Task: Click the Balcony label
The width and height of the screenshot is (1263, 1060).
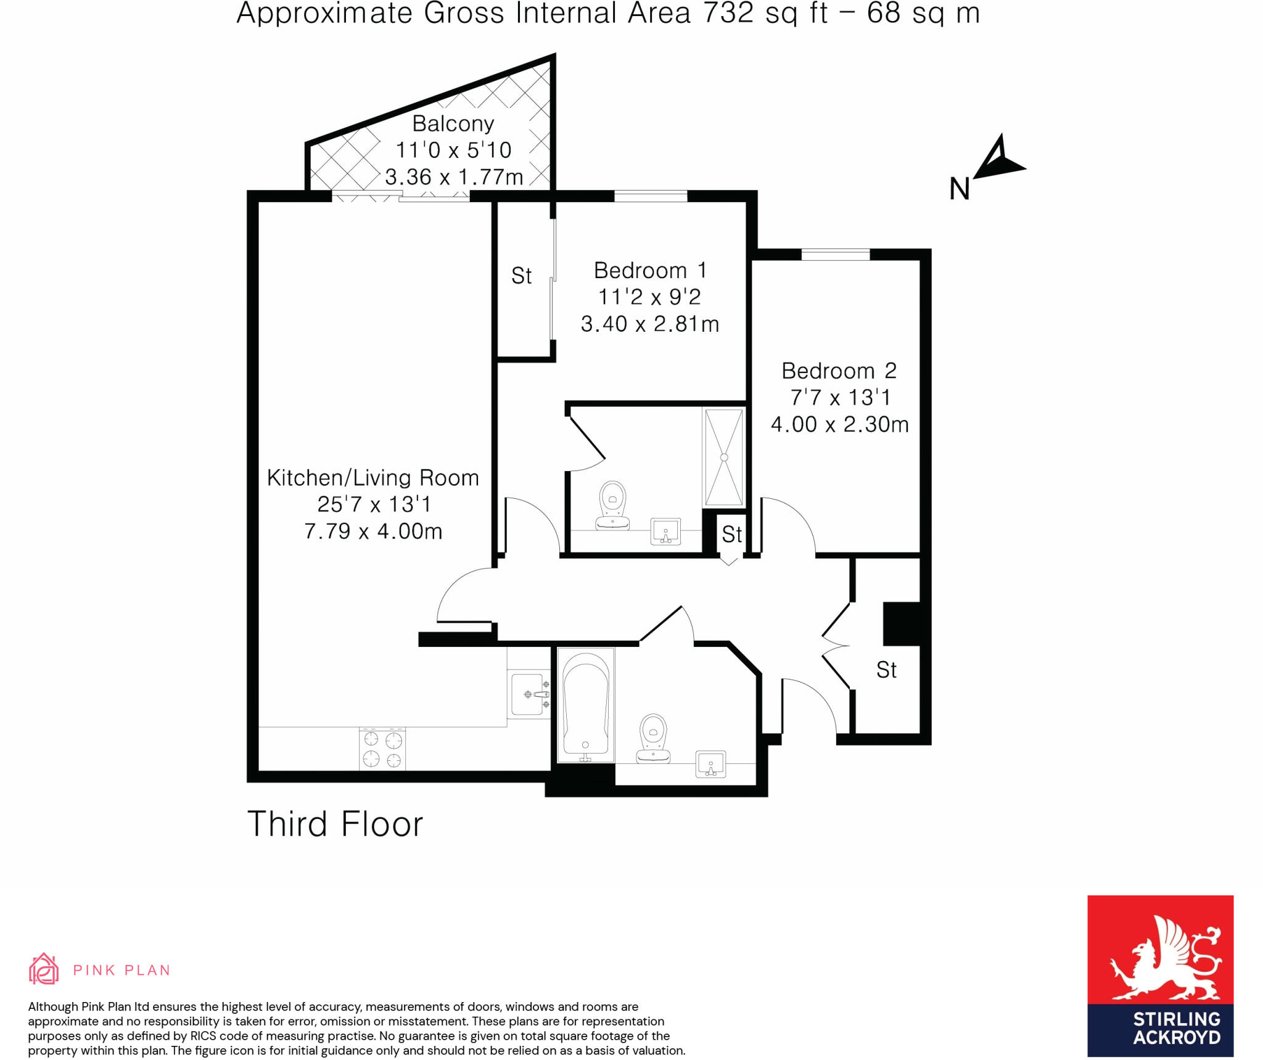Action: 453,124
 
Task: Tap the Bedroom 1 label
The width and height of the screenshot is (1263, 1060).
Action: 649,270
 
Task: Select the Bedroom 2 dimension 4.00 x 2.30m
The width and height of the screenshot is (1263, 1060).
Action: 839,424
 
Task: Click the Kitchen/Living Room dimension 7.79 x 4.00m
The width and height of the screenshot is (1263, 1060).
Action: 373,531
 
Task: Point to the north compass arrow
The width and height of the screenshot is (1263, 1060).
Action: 999,159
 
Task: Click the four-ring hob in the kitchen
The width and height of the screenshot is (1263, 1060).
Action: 382,749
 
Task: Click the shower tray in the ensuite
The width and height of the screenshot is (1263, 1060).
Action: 724,457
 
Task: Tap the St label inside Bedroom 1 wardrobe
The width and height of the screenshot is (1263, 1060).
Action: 521,276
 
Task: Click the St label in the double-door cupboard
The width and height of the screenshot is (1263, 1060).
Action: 886,670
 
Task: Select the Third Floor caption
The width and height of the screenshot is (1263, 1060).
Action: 335,824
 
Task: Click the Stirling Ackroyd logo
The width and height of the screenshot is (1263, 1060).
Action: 1159,976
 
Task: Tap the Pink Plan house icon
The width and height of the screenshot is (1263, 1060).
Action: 44,969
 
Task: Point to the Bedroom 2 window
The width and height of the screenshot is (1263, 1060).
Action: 835,254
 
